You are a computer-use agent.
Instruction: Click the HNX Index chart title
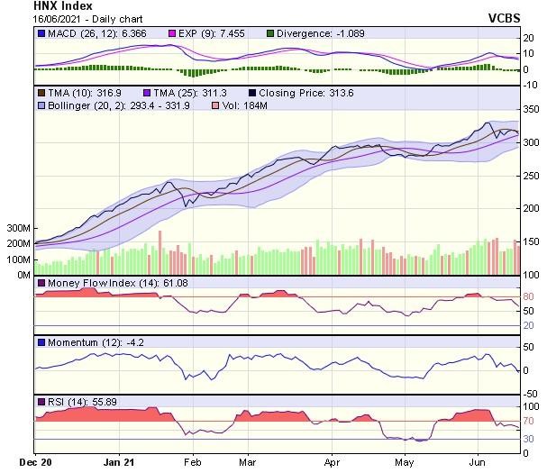(x=62, y=5)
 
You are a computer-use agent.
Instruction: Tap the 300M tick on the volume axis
(x=18, y=229)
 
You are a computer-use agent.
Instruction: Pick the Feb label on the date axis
(x=192, y=461)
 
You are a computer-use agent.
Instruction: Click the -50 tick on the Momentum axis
(x=532, y=393)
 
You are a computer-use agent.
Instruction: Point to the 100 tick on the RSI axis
(x=532, y=406)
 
